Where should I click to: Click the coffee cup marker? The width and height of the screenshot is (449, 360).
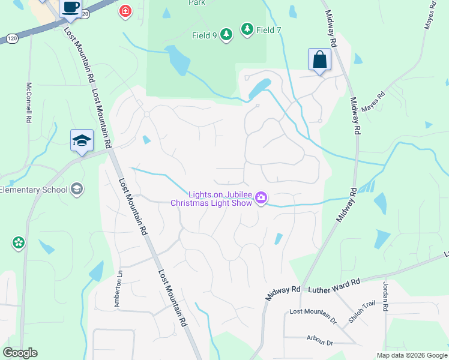(x=71, y=8)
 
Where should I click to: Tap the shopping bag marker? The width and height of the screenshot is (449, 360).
(x=319, y=59)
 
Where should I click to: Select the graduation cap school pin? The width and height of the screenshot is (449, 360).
(x=82, y=141)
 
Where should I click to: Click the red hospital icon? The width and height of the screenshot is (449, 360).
(x=125, y=11)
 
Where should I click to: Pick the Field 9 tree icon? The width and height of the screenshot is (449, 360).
(x=226, y=35)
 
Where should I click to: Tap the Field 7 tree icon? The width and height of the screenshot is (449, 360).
(x=247, y=29)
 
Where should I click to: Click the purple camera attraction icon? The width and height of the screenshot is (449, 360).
(x=261, y=197)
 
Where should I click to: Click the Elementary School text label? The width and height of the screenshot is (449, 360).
(x=33, y=190)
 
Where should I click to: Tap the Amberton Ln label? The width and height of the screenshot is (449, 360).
(x=118, y=288)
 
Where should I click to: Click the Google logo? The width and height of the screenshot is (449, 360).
(x=20, y=353)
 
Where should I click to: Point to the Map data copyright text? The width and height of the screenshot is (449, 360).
(x=412, y=355)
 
